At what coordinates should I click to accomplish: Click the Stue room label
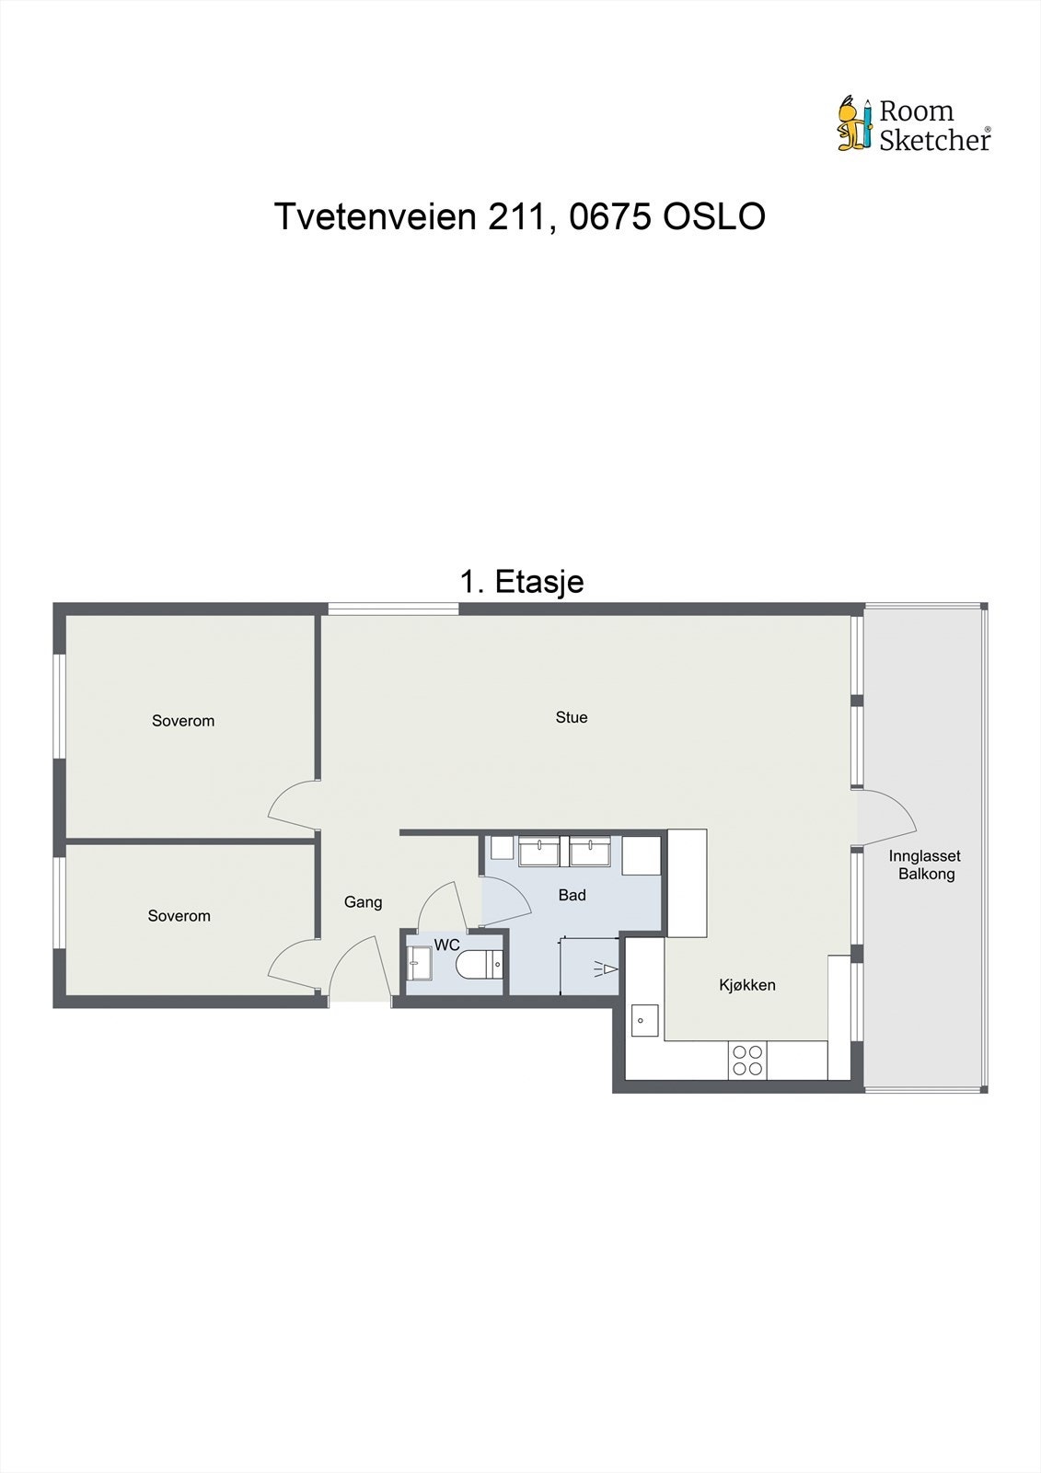tap(571, 717)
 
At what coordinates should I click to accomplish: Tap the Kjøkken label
tap(746, 985)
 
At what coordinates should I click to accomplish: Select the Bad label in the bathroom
tap(572, 895)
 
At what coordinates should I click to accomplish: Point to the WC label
tap(447, 945)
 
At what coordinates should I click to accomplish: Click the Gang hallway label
tap(363, 902)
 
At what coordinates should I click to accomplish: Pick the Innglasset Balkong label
tap(925, 864)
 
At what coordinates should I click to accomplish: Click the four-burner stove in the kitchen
tap(747, 1060)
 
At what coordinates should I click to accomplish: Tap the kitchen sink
tap(643, 1019)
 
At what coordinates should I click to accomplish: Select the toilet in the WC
tap(478, 965)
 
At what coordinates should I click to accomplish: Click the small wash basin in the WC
tap(418, 964)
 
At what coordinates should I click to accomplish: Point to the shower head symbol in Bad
tap(605, 968)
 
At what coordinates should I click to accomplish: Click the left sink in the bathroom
tap(538, 851)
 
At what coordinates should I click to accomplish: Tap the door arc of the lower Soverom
tap(291, 966)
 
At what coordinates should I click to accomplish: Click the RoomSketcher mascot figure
tap(853, 123)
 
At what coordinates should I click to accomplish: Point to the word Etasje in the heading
tap(538, 582)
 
